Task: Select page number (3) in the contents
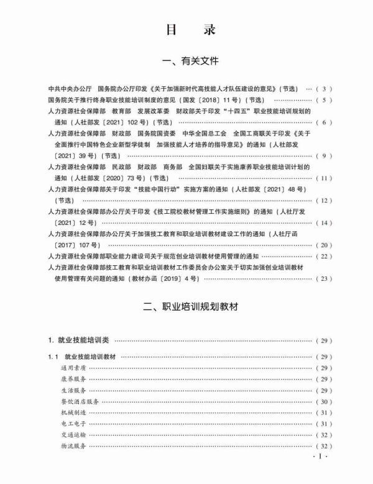[325, 89]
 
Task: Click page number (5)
[325, 99]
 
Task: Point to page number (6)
[325, 122]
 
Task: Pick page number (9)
[325, 156]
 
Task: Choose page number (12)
[325, 201]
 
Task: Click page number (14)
[325, 223]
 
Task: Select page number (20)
[325, 245]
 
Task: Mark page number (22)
[325, 257]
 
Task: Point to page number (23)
[325, 279]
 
